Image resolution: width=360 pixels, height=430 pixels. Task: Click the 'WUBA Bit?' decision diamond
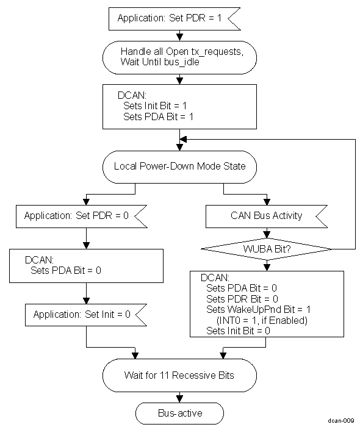[x=267, y=249]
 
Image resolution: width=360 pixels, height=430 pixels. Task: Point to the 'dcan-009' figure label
[x=339, y=421]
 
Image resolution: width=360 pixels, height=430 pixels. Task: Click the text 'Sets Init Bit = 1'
[x=154, y=106]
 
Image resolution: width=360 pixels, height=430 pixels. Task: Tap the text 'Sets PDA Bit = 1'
[x=158, y=116]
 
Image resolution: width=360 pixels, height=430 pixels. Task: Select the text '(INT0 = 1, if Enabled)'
[x=262, y=320]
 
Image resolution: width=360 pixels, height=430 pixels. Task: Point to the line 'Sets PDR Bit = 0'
[x=242, y=298]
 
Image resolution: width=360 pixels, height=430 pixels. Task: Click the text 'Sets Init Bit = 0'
[x=239, y=331]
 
